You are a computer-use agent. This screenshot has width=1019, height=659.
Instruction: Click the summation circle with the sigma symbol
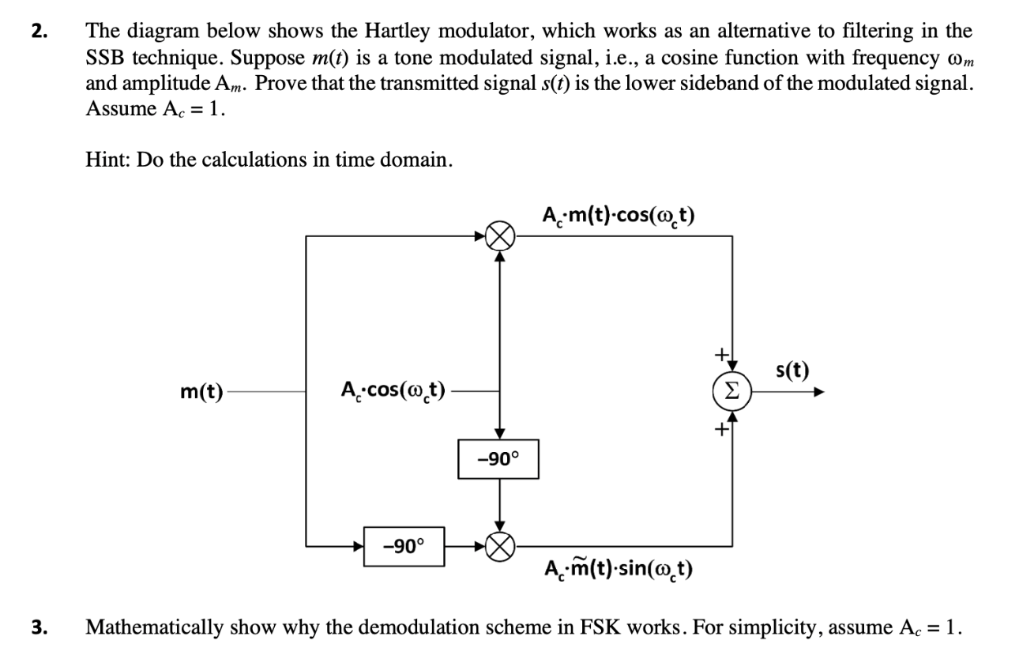[x=732, y=390]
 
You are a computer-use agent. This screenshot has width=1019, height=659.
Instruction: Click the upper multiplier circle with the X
[x=499, y=235]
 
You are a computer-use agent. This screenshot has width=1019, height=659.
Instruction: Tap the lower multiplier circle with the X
[x=499, y=544]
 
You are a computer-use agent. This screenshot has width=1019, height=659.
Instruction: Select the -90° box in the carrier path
[x=498, y=459]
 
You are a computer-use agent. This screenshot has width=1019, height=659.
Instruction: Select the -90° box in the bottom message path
[x=404, y=546]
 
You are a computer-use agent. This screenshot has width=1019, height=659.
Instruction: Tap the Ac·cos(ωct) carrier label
[x=393, y=390]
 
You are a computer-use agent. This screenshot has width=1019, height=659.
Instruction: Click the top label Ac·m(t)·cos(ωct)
[x=619, y=216]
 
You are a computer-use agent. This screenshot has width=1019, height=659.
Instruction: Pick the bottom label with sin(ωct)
[x=619, y=569]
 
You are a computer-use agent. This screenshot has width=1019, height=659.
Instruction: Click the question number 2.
[x=39, y=32]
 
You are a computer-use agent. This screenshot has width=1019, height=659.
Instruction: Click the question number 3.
[x=39, y=629]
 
